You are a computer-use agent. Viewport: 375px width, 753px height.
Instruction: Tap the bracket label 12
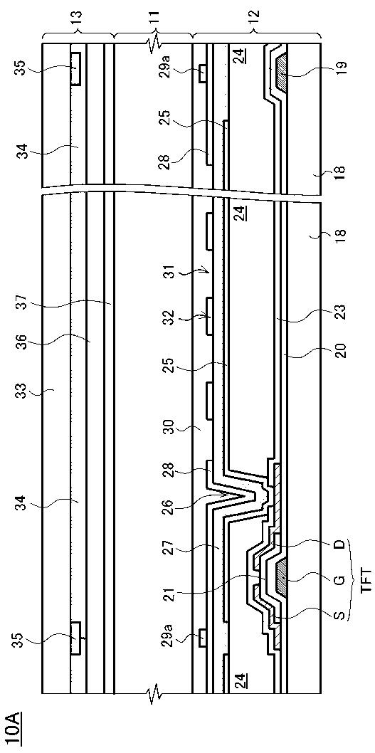(255, 21)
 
